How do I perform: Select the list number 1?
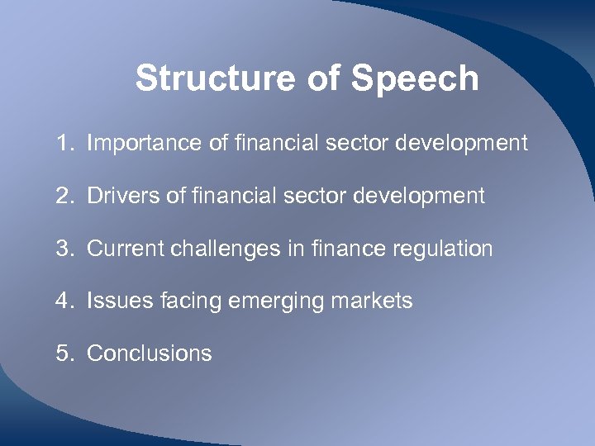[64, 144]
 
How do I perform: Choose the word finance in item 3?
[336, 249]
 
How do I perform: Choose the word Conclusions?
[150, 353]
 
